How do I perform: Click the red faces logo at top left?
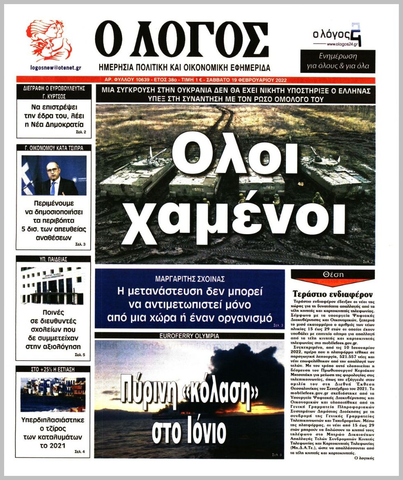(49, 40)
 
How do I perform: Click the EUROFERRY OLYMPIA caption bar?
(189, 336)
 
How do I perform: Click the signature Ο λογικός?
(363, 458)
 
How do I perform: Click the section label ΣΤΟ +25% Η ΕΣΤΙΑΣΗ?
(53, 369)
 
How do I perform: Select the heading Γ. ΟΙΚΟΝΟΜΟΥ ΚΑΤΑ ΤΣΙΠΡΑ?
(53, 148)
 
